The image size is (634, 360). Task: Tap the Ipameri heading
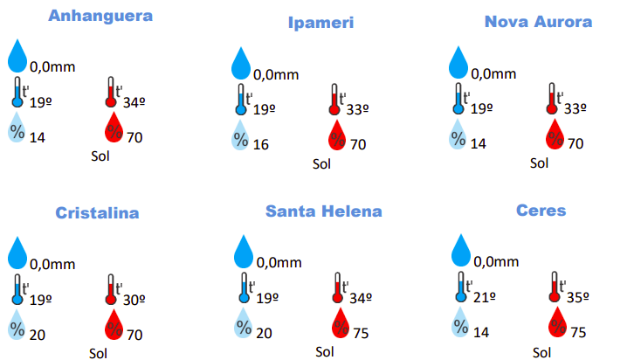pyautogui.click(x=321, y=23)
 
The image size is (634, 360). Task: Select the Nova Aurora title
pyautogui.click(x=539, y=22)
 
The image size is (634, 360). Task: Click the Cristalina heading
pyautogui.click(x=97, y=212)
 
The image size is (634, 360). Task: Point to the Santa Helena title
pyautogui.click(x=324, y=211)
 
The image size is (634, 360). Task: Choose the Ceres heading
pyautogui.click(x=541, y=211)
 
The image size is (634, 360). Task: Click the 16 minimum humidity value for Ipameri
pyautogui.click(x=260, y=144)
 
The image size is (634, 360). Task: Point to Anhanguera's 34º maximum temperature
pyautogui.click(x=134, y=102)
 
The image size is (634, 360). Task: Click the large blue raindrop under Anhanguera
pyautogui.click(x=18, y=56)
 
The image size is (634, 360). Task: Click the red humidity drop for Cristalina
pyautogui.click(x=114, y=325)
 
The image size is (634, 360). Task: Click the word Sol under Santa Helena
pyautogui.click(x=324, y=352)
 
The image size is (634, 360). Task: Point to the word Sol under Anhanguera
pyautogui.click(x=101, y=156)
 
